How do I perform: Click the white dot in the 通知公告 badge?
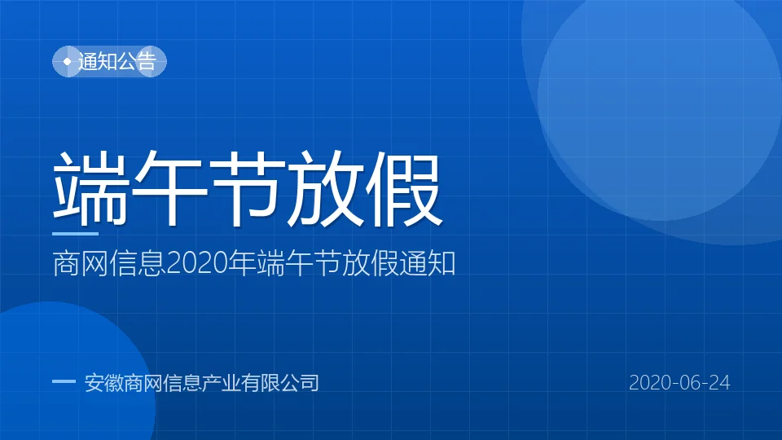tap(68, 61)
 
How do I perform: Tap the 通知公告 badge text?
tap(117, 61)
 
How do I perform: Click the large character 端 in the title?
tap(90, 188)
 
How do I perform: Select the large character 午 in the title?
tap(169, 188)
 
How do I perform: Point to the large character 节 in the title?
tap(247, 188)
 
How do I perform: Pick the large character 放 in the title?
tap(325, 188)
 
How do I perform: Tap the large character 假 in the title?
tap(403, 188)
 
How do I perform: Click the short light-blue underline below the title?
tap(75, 234)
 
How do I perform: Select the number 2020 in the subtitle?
tap(197, 263)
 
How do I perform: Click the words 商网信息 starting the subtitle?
tap(109, 263)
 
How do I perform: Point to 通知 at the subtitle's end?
tap(427, 263)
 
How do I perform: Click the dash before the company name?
tap(64, 381)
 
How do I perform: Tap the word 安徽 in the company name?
tap(104, 383)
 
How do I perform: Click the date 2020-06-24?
tap(679, 383)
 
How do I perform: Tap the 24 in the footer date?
tap(719, 383)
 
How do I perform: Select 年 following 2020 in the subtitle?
tap(242, 263)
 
